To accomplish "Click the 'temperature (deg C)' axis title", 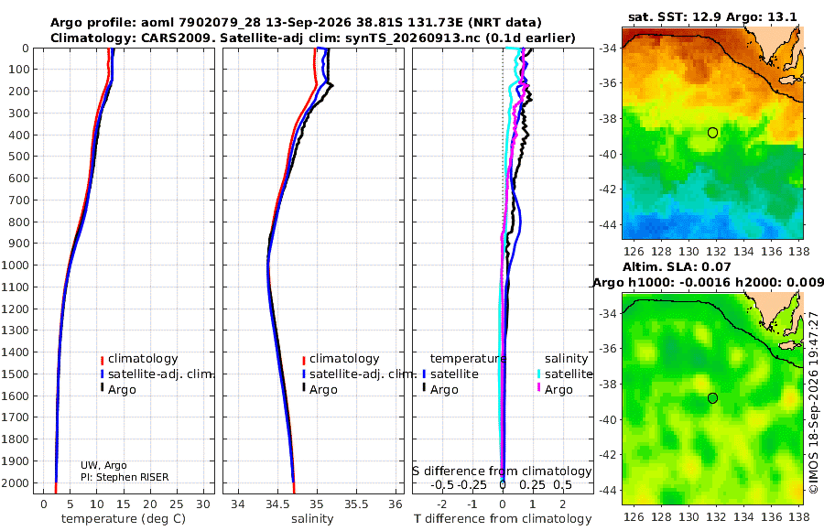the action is pos(124,519).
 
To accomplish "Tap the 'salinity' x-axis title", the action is pos(312,519).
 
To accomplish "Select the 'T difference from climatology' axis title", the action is pos(503,519).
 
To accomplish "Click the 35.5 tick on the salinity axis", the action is pos(356,504).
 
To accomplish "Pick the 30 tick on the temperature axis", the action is pos(203,504).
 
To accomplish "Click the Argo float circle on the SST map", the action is pos(712,133).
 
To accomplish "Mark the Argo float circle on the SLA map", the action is pos(712,398).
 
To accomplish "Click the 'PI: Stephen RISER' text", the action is pos(125,477).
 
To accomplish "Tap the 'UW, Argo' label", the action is pos(103,465).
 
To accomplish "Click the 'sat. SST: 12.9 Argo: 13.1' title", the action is pos(712,16).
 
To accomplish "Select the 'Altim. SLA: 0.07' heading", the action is pos(677,267).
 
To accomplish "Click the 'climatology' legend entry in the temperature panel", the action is pos(139,359).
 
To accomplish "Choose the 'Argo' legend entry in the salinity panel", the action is pos(318,390).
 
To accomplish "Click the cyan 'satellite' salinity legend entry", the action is pos(564,374).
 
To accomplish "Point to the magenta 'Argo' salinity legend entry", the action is pos(554,390).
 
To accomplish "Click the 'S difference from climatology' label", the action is pos(502,471).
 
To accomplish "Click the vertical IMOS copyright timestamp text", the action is pos(814,402).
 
